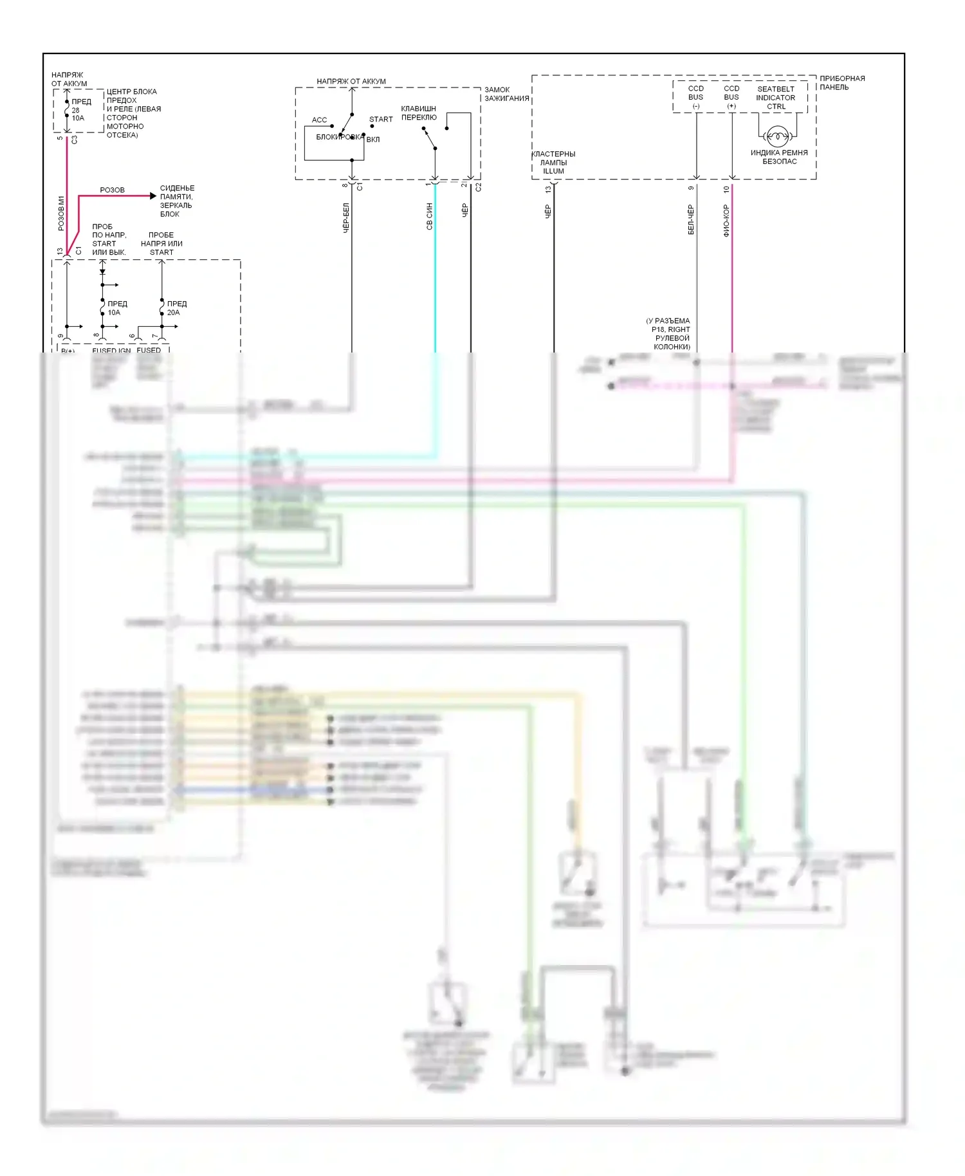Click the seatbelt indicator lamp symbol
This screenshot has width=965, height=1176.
point(778,136)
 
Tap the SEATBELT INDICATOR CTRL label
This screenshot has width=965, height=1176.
point(775,98)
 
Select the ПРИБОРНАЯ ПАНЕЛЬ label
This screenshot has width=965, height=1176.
point(841,83)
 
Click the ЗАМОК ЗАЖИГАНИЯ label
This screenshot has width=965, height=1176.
point(506,94)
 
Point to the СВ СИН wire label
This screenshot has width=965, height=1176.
point(430,216)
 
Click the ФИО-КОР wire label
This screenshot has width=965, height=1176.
point(726,221)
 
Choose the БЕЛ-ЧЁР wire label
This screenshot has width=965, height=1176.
point(691,219)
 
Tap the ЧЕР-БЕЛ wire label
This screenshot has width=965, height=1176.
point(346,217)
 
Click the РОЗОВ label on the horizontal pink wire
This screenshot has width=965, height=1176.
point(112,190)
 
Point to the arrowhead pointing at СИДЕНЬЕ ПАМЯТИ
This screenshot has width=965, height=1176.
point(152,196)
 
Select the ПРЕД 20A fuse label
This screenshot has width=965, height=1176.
point(176,308)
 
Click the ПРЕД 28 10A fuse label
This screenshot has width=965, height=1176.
point(80,109)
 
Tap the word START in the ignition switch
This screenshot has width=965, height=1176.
point(381,119)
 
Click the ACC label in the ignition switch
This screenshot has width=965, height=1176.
point(319,120)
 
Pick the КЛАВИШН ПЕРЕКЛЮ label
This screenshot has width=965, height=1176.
point(418,113)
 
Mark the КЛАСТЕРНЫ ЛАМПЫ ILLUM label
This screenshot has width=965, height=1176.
point(553,162)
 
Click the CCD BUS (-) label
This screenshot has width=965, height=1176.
point(695,97)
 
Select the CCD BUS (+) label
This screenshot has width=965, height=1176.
point(731,97)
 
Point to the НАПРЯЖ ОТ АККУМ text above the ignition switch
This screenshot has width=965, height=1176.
point(351,81)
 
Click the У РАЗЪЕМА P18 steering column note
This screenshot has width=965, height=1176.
point(670,333)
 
